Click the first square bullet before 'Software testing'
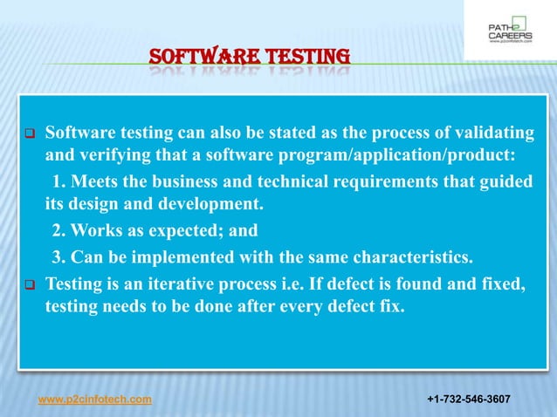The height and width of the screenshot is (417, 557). click(x=28, y=135)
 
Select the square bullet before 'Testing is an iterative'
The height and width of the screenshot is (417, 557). click(x=28, y=284)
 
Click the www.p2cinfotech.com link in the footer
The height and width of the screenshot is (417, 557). click(x=94, y=400)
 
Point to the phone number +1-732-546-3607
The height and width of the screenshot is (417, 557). click(x=468, y=400)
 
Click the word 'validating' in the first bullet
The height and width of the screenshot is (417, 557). click(x=498, y=133)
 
